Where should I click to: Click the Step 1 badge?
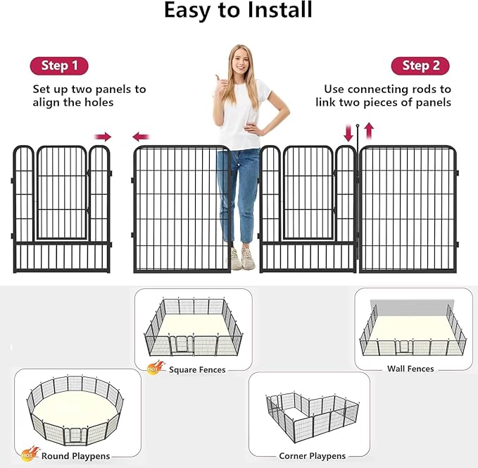coord(59,66)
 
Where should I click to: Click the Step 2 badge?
coord(420,66)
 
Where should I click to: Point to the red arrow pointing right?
coord(103,137)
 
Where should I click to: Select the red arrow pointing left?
coord(141,137)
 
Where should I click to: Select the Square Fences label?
coord(197,369)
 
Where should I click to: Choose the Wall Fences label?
coord(410,369)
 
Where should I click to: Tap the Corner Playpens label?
coord(312,456)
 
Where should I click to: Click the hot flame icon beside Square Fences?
coord(153,367)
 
